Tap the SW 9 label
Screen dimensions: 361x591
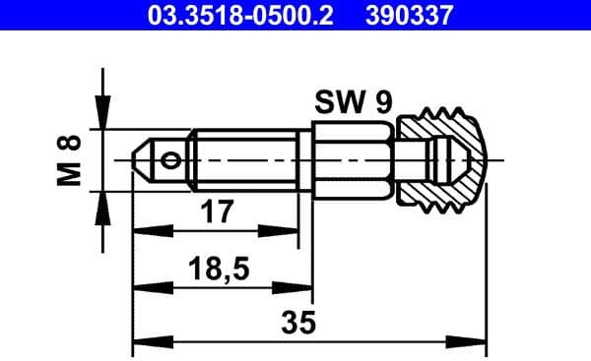352,102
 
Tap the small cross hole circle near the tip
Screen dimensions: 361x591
173,159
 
